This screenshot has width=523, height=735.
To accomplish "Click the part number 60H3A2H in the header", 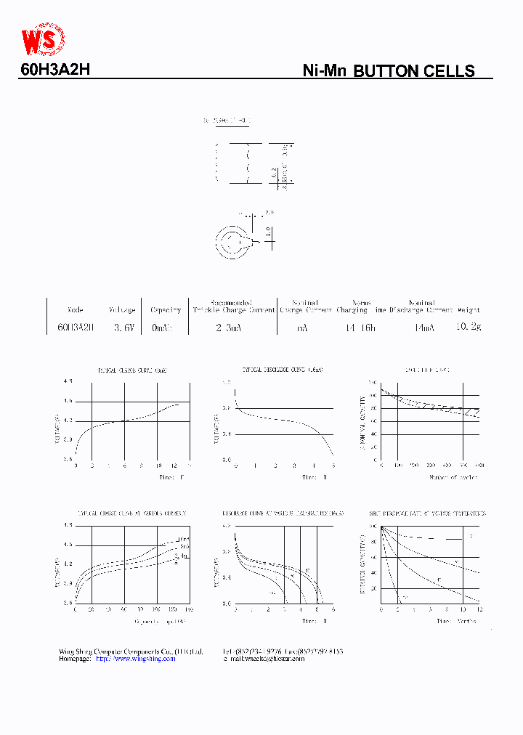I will [54, 70].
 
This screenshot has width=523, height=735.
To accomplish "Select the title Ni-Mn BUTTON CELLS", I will [388, 71].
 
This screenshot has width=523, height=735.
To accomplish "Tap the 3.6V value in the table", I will [123, 328].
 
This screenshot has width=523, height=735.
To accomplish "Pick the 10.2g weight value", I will [468, 327].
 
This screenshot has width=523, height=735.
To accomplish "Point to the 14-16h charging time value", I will [360, 328].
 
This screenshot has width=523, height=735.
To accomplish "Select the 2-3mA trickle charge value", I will [229, 328].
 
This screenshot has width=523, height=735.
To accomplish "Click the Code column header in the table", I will [75, 310].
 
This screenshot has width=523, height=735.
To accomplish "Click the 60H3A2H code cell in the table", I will [76, 328].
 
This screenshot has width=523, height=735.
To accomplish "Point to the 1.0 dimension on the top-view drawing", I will [268, 231].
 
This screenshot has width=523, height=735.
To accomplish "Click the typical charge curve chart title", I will [132, 370].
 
